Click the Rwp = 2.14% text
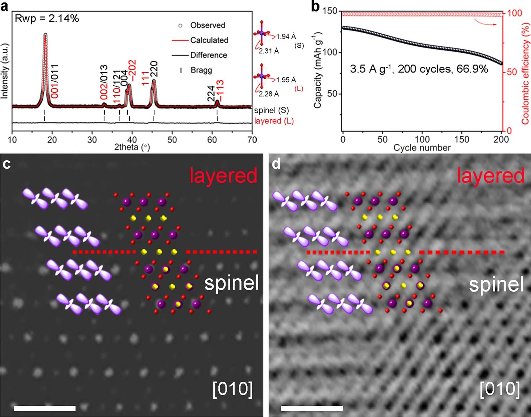pyautogui.click(x=47, y=18)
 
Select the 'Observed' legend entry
pyautogui.click(x=207, y=25)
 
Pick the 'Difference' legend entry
pyautogui.click(x=208, y=55)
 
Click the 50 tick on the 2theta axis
pyautogui.click(x=172, y=140)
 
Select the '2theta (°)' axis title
pyautogui.click(x=132, y=147)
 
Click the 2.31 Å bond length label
pyautogui.click(x=269, y=51)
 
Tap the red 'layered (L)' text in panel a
pyautogui.click(x=274, y=121)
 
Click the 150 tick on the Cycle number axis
pyautogui.click(x=461, y=140)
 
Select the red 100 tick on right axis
pyautogui.click(x=515, y=13)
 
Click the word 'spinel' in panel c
pyautogui.click(x=231, y=283)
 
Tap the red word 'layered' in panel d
pyautogui.click(x=490, y=176)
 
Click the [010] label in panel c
pyautogui.click(x=233, y=389)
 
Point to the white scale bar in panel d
pyautogui.click(x=312, y=408)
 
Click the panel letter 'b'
pyautogui.click(x=315, y=6)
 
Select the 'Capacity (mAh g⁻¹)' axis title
pyautogui.click(x=317, y=70)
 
